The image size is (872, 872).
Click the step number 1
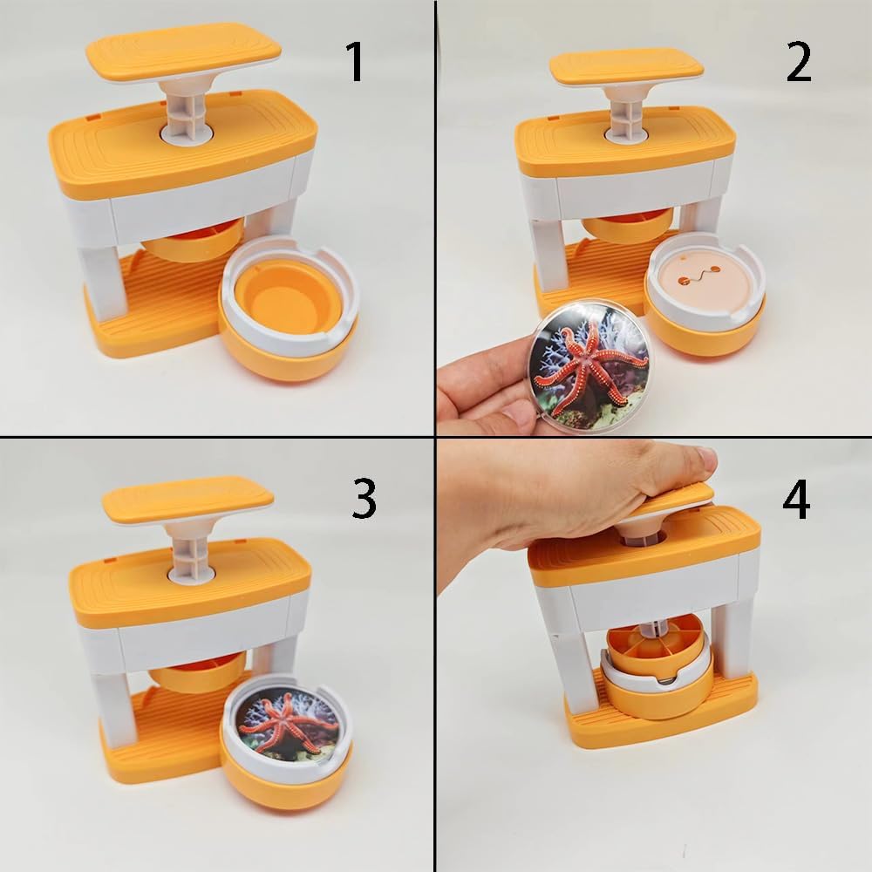pos(355,62)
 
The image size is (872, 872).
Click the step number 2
pos(799,62)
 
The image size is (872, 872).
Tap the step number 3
pos(364,499)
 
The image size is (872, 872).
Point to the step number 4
pos(796,499)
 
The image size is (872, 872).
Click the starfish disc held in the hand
pos(589,367)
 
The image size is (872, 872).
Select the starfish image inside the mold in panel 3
pos(288,724)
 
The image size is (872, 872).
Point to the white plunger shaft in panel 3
pos(192,550)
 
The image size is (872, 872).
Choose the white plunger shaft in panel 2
pos(627,113)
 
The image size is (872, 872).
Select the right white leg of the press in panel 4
pos(734,638)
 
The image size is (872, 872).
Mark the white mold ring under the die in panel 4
pos(657,670)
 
